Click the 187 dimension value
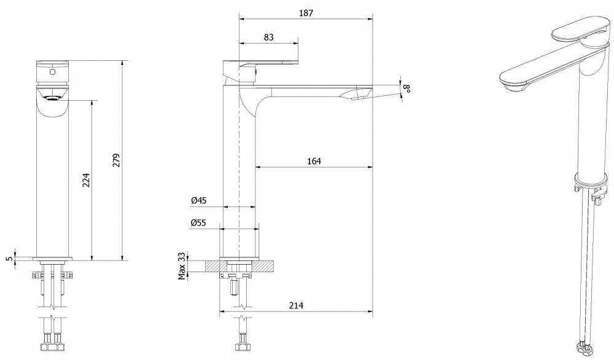coord(306,13)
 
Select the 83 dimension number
coord(269,37)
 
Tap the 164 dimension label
coord(314,161)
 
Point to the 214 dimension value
coord(296,305)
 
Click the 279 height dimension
coord(116,160)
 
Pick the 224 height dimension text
coord(86,180)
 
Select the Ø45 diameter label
coord(198,200)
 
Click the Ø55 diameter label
coord(198,223)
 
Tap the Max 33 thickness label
coord(181,266)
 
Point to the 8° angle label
coord(408,88)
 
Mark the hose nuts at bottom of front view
coord(52,346)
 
